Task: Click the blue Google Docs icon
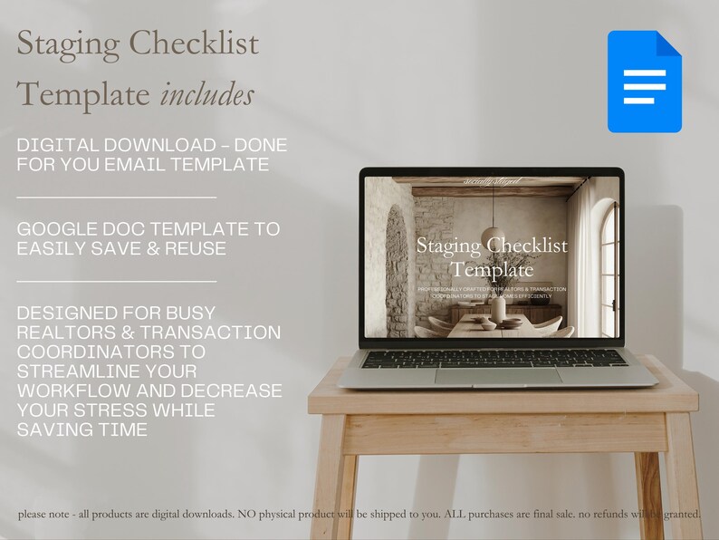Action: pyautogui.click(x=644, y=82)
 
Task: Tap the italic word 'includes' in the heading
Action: pyautogui.click(x=207, y=93)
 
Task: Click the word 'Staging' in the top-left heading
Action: pyautogui.click(x=65, y=43)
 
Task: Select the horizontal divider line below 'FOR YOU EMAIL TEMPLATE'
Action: pyautogui.click(x=117, y=197)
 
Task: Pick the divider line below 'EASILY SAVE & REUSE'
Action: pyautogui.click(x=117, y=281)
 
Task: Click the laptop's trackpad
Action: pyautogui.click(x=497, y=375)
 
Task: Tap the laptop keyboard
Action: pyautogui.click(x=494, y=358)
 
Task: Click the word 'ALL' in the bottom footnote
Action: pyautogui.click(x=453, y=515)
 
